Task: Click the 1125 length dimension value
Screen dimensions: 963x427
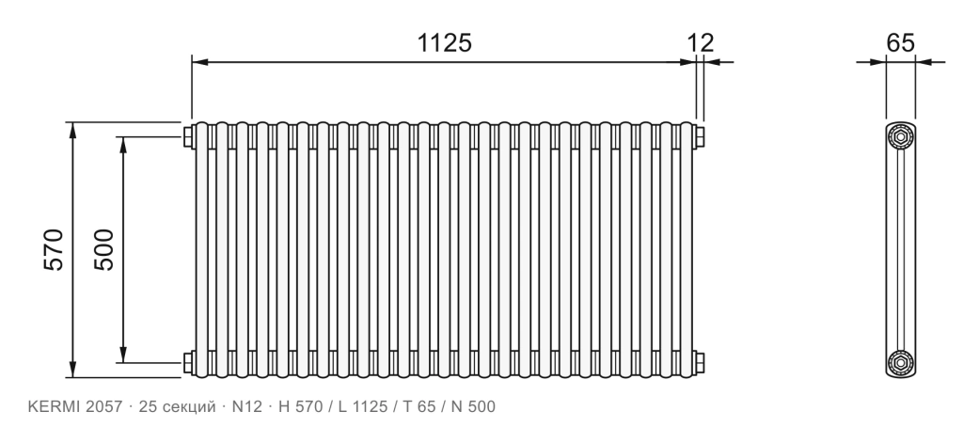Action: (x=444, y=43)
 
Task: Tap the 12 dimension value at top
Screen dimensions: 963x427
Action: (x=701, y=43)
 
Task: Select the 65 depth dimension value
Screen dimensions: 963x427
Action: (x=900, y=43)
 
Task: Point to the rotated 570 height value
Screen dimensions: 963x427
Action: (x=54, y=249)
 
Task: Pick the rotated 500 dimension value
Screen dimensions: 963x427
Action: (x=103, y=249)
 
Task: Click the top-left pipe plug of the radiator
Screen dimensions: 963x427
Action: (x=188, y=137)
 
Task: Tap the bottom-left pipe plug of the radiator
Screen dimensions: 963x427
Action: (x=188, y=362)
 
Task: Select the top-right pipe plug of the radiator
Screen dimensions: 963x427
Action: (x=700, y=137)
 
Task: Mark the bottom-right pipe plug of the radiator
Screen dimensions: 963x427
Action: (x=700, y=362)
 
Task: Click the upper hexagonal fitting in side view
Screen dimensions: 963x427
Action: (x=900, y=137)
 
